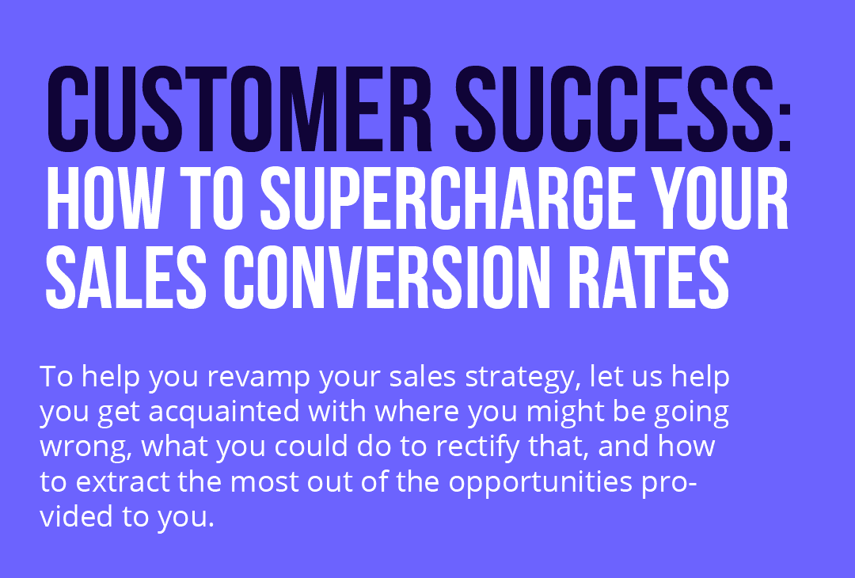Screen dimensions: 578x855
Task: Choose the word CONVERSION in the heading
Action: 397,278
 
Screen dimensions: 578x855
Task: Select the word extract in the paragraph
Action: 120,481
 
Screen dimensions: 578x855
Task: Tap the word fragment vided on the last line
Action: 74,515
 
